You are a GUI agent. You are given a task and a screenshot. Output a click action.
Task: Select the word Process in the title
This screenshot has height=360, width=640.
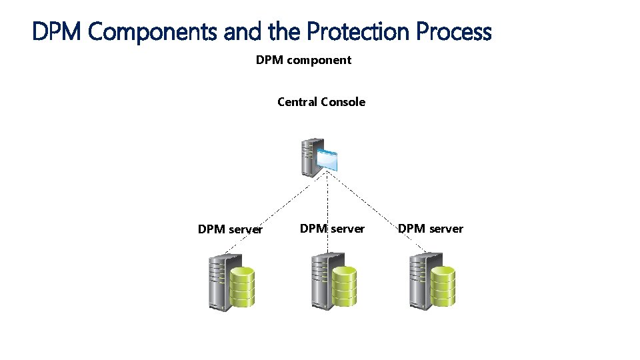tap(453, 31)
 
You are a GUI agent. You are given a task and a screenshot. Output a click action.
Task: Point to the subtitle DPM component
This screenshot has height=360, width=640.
tap(303, 60)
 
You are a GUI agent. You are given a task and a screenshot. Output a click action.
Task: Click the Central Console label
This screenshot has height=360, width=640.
tap(321, 102)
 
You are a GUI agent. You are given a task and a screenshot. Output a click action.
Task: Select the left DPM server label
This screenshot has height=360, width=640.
tap(230, 229)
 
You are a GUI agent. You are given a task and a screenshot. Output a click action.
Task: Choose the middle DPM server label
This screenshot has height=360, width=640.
tap(332, 229)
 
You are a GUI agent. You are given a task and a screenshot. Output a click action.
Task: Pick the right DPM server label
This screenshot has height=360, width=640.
tap(430, 229)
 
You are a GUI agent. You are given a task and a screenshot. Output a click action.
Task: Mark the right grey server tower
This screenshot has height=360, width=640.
tap(419, 282)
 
